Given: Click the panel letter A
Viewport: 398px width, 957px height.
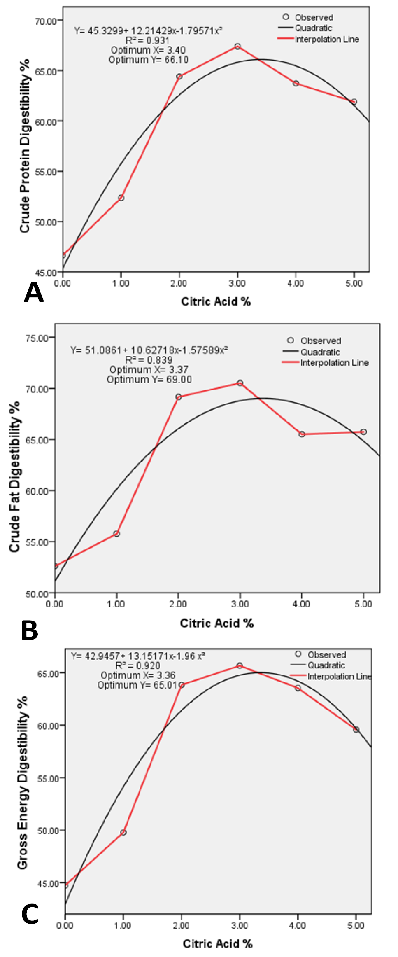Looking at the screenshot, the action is tap(34, 293).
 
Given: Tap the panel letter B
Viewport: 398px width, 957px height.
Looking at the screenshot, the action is tap(30, 630).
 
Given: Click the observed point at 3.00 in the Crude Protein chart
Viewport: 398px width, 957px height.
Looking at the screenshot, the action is tap(237, 47).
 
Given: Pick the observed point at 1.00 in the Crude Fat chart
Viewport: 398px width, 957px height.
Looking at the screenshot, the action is tap(116, 534).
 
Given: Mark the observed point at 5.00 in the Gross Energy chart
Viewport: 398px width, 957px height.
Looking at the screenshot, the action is tap(356, 730).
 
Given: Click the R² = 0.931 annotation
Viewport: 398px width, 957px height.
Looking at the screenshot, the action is tap(147, 40).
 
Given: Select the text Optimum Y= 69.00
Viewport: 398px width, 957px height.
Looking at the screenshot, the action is tap(149, 379).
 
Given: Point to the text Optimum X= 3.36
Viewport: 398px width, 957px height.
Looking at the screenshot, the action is tap(138, 675).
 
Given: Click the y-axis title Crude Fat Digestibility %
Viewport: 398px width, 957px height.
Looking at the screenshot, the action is tap(15, 476).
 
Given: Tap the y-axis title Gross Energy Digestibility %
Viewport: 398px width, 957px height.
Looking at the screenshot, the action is tap(23, 783).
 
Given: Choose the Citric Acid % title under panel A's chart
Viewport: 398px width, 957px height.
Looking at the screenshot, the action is tap(216, 301).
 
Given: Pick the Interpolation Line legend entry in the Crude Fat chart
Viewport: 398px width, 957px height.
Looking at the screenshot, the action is tap(326, 363).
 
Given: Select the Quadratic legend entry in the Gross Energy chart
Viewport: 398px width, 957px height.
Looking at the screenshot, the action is tap(318, 665).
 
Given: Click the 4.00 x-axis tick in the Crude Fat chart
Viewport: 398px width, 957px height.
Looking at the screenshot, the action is tap(301, 604).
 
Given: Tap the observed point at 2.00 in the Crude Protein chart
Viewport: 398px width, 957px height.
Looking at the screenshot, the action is tap(179, 77).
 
